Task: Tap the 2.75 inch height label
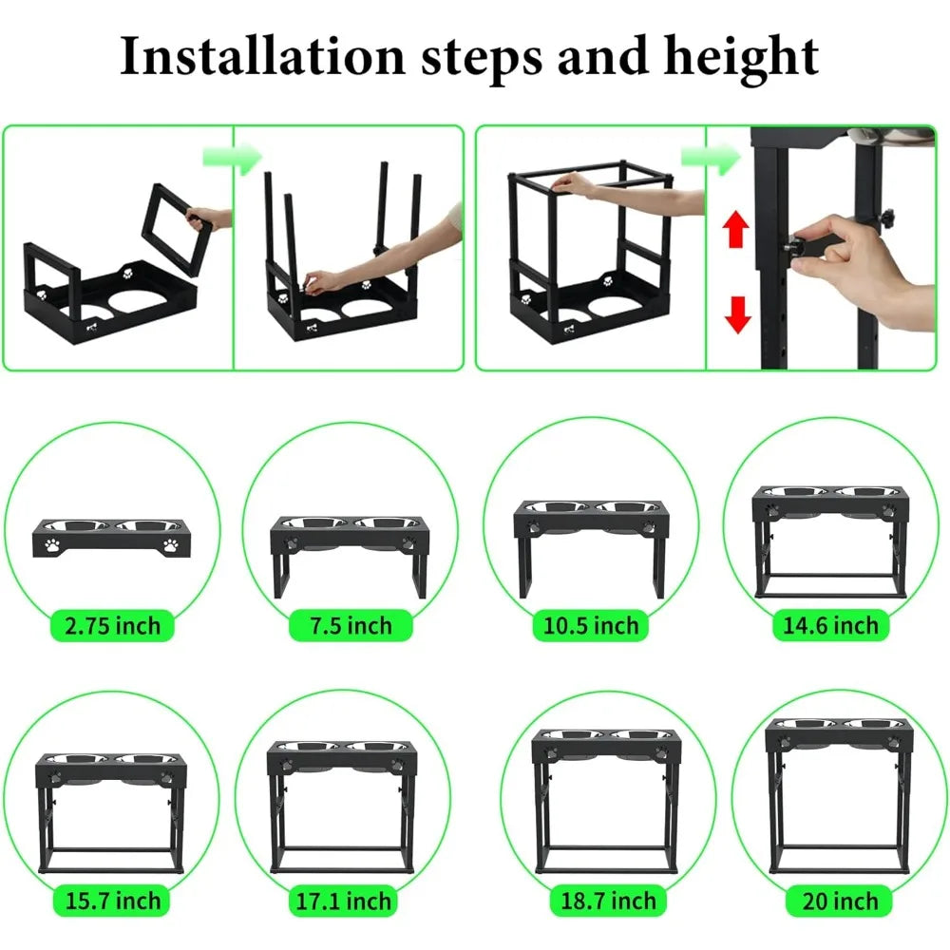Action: coord(112,626)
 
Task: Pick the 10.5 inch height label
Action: coord(591,626)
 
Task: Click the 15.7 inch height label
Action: coord(112,900)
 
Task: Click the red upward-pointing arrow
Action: coord(734,230)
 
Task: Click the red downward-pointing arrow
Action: coord(734,314)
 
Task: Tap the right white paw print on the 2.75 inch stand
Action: coord(171,545)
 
